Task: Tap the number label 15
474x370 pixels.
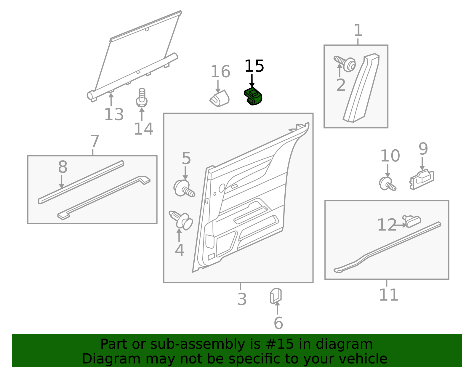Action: click(254, 66)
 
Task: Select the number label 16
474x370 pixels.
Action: click(220, 72)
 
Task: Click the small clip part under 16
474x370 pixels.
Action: click(220, 99)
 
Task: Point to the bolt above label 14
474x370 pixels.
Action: click(142, 98)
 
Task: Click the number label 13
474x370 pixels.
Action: click(114, 115)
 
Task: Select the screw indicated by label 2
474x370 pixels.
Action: click(345, 63)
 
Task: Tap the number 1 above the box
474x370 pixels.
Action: click(358, 30)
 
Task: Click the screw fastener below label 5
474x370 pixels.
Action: click(184, 188)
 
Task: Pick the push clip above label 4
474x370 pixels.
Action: click(181, 220)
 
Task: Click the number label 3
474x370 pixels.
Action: click(242, 299)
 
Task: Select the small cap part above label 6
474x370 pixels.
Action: click(276, 296)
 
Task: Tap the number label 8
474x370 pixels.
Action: click(63, 167)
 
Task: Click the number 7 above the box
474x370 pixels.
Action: click(95, 141)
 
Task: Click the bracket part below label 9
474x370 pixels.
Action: click(422, 179)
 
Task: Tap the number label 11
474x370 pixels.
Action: click(388, 295)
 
